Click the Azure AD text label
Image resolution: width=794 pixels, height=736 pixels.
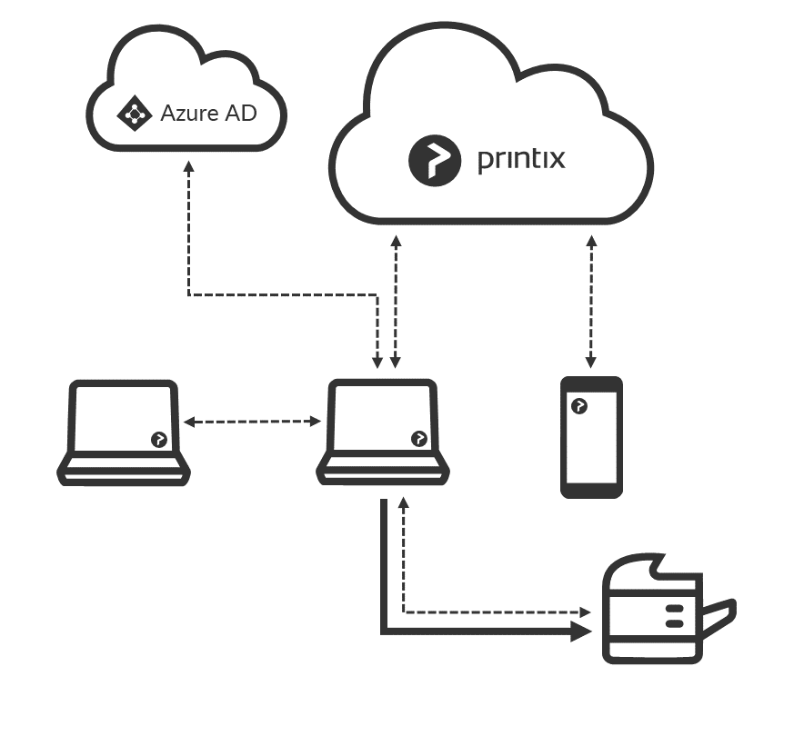(208, 114)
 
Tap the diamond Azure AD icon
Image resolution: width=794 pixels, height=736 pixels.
(135, 114)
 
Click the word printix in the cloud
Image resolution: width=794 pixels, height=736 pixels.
(521, 160)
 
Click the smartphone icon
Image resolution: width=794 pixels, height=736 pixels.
(591, 437)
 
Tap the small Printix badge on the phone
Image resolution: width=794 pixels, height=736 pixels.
(578, 405)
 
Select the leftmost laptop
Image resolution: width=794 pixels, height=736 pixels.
(124, 433)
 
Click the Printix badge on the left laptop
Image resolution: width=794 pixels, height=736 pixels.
(158, 440)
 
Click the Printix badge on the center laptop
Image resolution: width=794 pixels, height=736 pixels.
(418, 438)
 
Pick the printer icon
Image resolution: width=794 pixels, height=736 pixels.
(659, 613)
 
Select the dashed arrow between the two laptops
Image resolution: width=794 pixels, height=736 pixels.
(252, 422)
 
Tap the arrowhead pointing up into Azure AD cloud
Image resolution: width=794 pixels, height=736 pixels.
(188, 168)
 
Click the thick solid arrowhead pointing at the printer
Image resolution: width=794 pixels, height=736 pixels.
(580, 632)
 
